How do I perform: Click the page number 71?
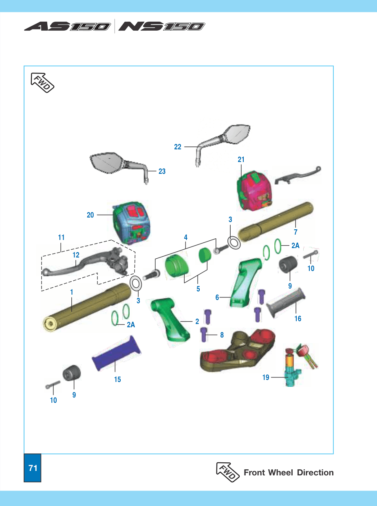[33, 468]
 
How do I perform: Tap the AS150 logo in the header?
[67, 26]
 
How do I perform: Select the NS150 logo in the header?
[161, 26]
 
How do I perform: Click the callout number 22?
[177, 147]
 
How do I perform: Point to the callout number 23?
[162, 171]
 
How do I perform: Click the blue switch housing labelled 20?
[131, 223]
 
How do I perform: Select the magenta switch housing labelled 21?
[255, 191]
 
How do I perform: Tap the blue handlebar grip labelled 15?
[117, 353]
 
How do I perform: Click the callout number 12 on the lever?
[76, 255]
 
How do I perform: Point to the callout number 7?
[295, 232]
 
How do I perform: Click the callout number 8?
[222, 335]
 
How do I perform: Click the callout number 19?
[266, 377]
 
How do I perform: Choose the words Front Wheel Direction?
[289, 473]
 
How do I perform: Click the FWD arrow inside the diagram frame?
[42, 83]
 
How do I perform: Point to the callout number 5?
[198, 289]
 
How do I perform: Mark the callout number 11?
[61, 237]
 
